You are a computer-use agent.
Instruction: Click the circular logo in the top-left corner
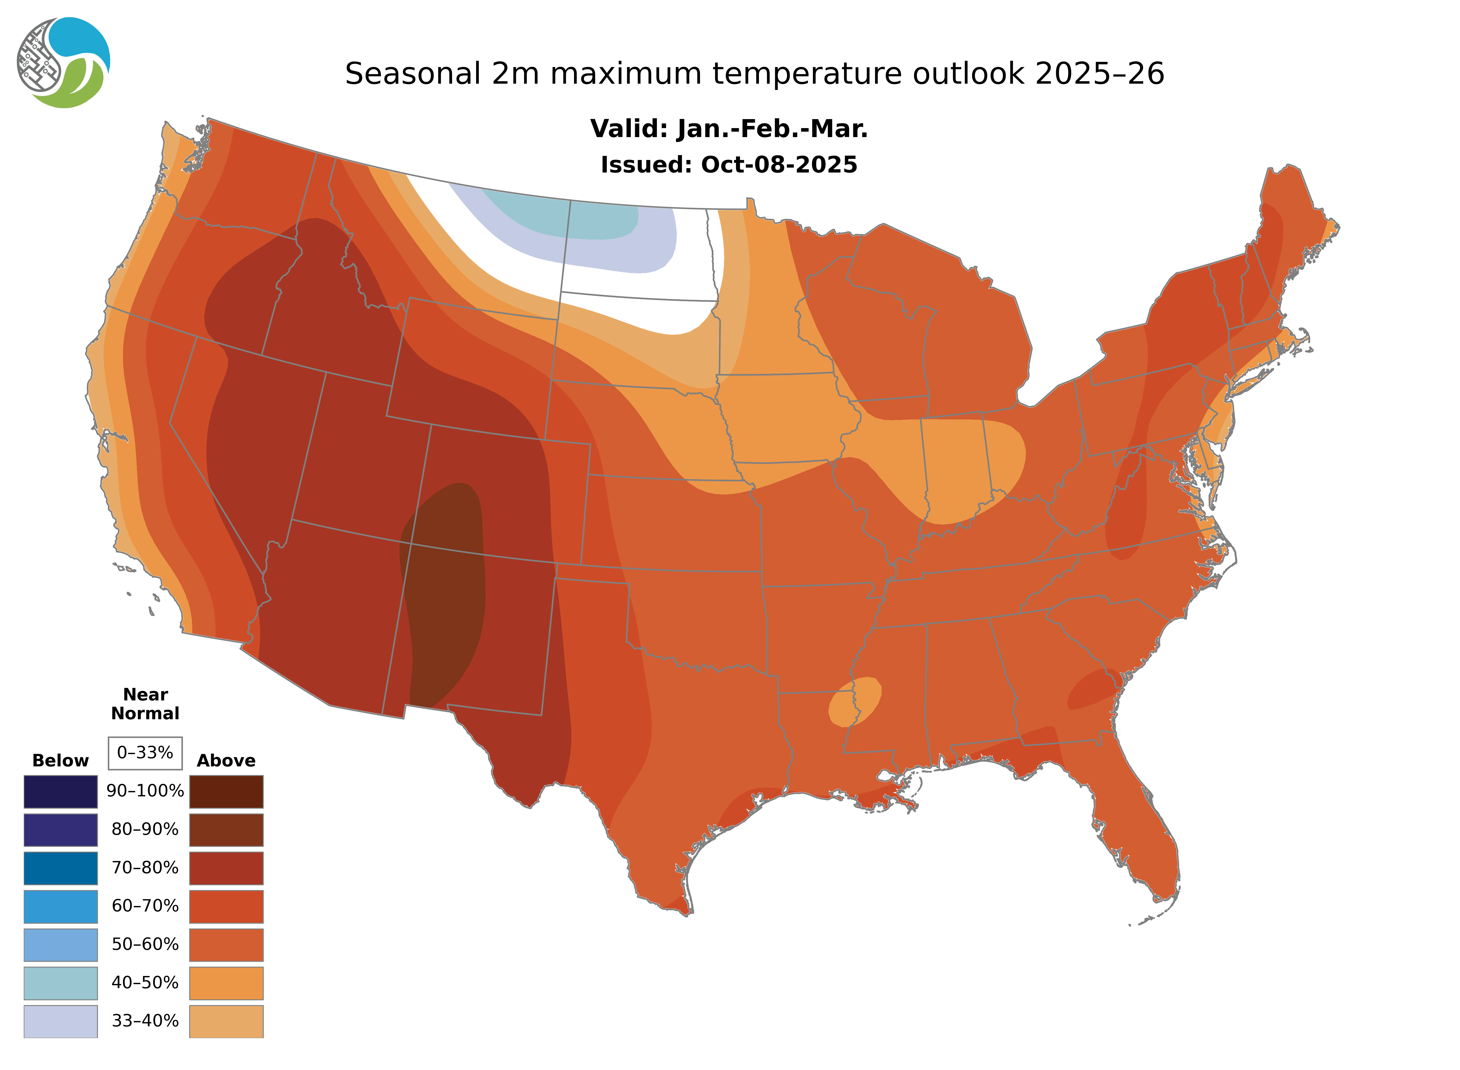click(x=64, y=63)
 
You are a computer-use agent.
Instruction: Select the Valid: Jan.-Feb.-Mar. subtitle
click(x=729, y=129)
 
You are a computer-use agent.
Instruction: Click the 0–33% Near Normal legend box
click(x=145, y=753)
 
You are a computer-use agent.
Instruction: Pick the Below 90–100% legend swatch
click(x=61, y=791)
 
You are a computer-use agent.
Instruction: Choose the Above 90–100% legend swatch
click(x=226, y=791)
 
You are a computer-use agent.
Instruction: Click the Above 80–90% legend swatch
click(x=226, y=830)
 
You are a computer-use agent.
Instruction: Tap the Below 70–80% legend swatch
click(x=61, y=868)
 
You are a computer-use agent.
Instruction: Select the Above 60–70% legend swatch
click(x=226, y=906)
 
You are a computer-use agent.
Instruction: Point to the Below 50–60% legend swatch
click(x=61, y=944)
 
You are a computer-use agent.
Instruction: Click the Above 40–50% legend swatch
click(x=226, y=983)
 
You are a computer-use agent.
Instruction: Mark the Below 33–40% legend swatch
click(x=61, y=1021)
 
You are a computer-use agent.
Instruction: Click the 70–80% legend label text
click(x=145, y=868)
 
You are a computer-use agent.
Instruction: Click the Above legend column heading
click(x=226, y=760)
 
